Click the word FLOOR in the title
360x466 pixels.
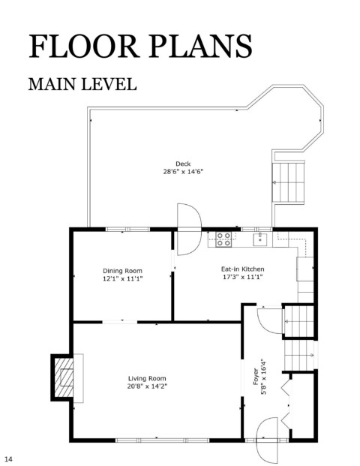pyautogui.click(x=84, y=46)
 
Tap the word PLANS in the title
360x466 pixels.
pyautogui.click(x=201, y=46)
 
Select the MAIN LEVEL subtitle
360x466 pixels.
pyautogui.click(x=82, y=84)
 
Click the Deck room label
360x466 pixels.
pyautogui.click(x=183, y=164)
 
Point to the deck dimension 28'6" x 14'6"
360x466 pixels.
pyautogui.click(x=183, y=172)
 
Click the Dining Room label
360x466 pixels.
pyautogui.click(x=123, y=271)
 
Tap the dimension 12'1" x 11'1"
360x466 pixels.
pyautogui.click(x=123, y=278)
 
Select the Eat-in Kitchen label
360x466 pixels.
pyautogui.click(x=242, y=269)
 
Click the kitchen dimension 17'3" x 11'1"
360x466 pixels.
pyautogui.click(x=243, y=277)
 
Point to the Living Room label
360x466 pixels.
pyautogui.click(x=147, y=378)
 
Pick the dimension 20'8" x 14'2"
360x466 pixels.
pyautogui.click(x=147, y=386)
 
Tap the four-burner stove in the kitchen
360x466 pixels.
pyautogui.click(x=223, y=239)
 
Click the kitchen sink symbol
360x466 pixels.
pyautogui.click(x=260, y=239)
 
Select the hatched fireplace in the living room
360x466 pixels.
pyautogui.click(x=62, y=377)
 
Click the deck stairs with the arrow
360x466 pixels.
pyautogui.click(x=289, y=182)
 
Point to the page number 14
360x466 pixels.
pyautogui.click(x=8, y=459)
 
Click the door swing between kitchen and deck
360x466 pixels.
pyautogui.click(x=189, y=229)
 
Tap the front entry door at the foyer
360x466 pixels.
pyautogui.click(x=267, y=439)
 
